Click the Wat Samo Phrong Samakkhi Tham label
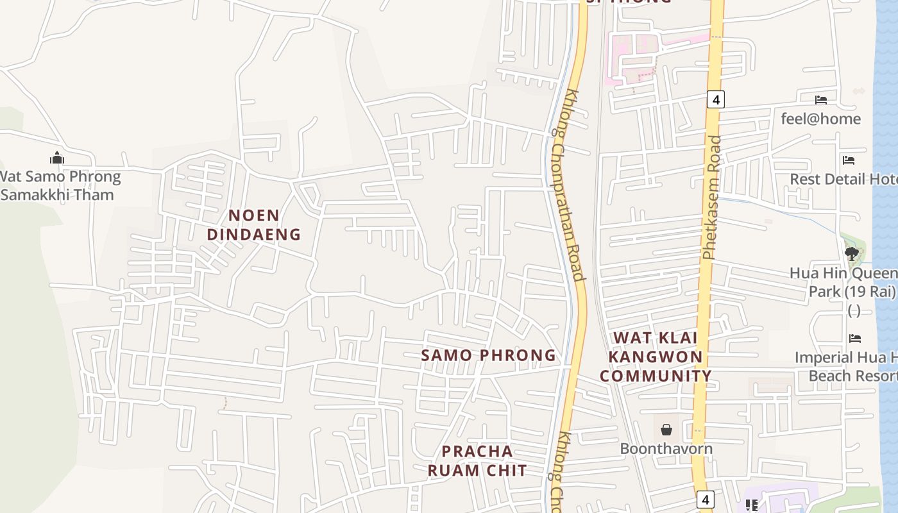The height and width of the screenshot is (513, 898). tap(60, 185)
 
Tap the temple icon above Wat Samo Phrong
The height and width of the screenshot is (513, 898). tap(57, 158)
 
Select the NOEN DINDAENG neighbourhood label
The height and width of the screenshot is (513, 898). tap(253, 225)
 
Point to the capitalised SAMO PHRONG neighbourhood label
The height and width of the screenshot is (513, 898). tap(488, 355)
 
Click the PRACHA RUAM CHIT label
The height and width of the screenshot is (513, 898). tap(477, 461)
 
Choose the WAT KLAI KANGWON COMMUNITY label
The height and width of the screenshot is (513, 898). tap(656, 357)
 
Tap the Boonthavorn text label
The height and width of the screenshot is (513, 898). tap(666, 448)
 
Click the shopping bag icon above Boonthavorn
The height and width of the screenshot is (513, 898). tap(666, 429)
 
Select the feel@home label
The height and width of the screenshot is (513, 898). tap(820, 119)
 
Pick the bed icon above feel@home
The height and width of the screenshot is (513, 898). tap(820, 100)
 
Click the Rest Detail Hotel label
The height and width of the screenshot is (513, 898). tap(843, 179)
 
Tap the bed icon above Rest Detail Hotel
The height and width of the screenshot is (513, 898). tap(849, 160)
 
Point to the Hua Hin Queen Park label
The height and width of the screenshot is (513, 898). tap(843, 282)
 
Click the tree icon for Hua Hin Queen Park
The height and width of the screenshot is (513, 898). tap(851, 254)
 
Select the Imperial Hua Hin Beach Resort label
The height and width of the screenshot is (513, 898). tap(845, 366)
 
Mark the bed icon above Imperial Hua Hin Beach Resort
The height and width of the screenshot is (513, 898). tap(854, 338)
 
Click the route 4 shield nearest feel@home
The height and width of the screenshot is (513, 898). tap(716, 99)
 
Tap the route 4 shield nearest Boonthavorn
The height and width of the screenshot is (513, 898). tap(705, 499)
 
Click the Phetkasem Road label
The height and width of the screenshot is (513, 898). tap(712, 197)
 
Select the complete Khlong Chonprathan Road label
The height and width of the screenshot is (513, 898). tap(567, 186)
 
